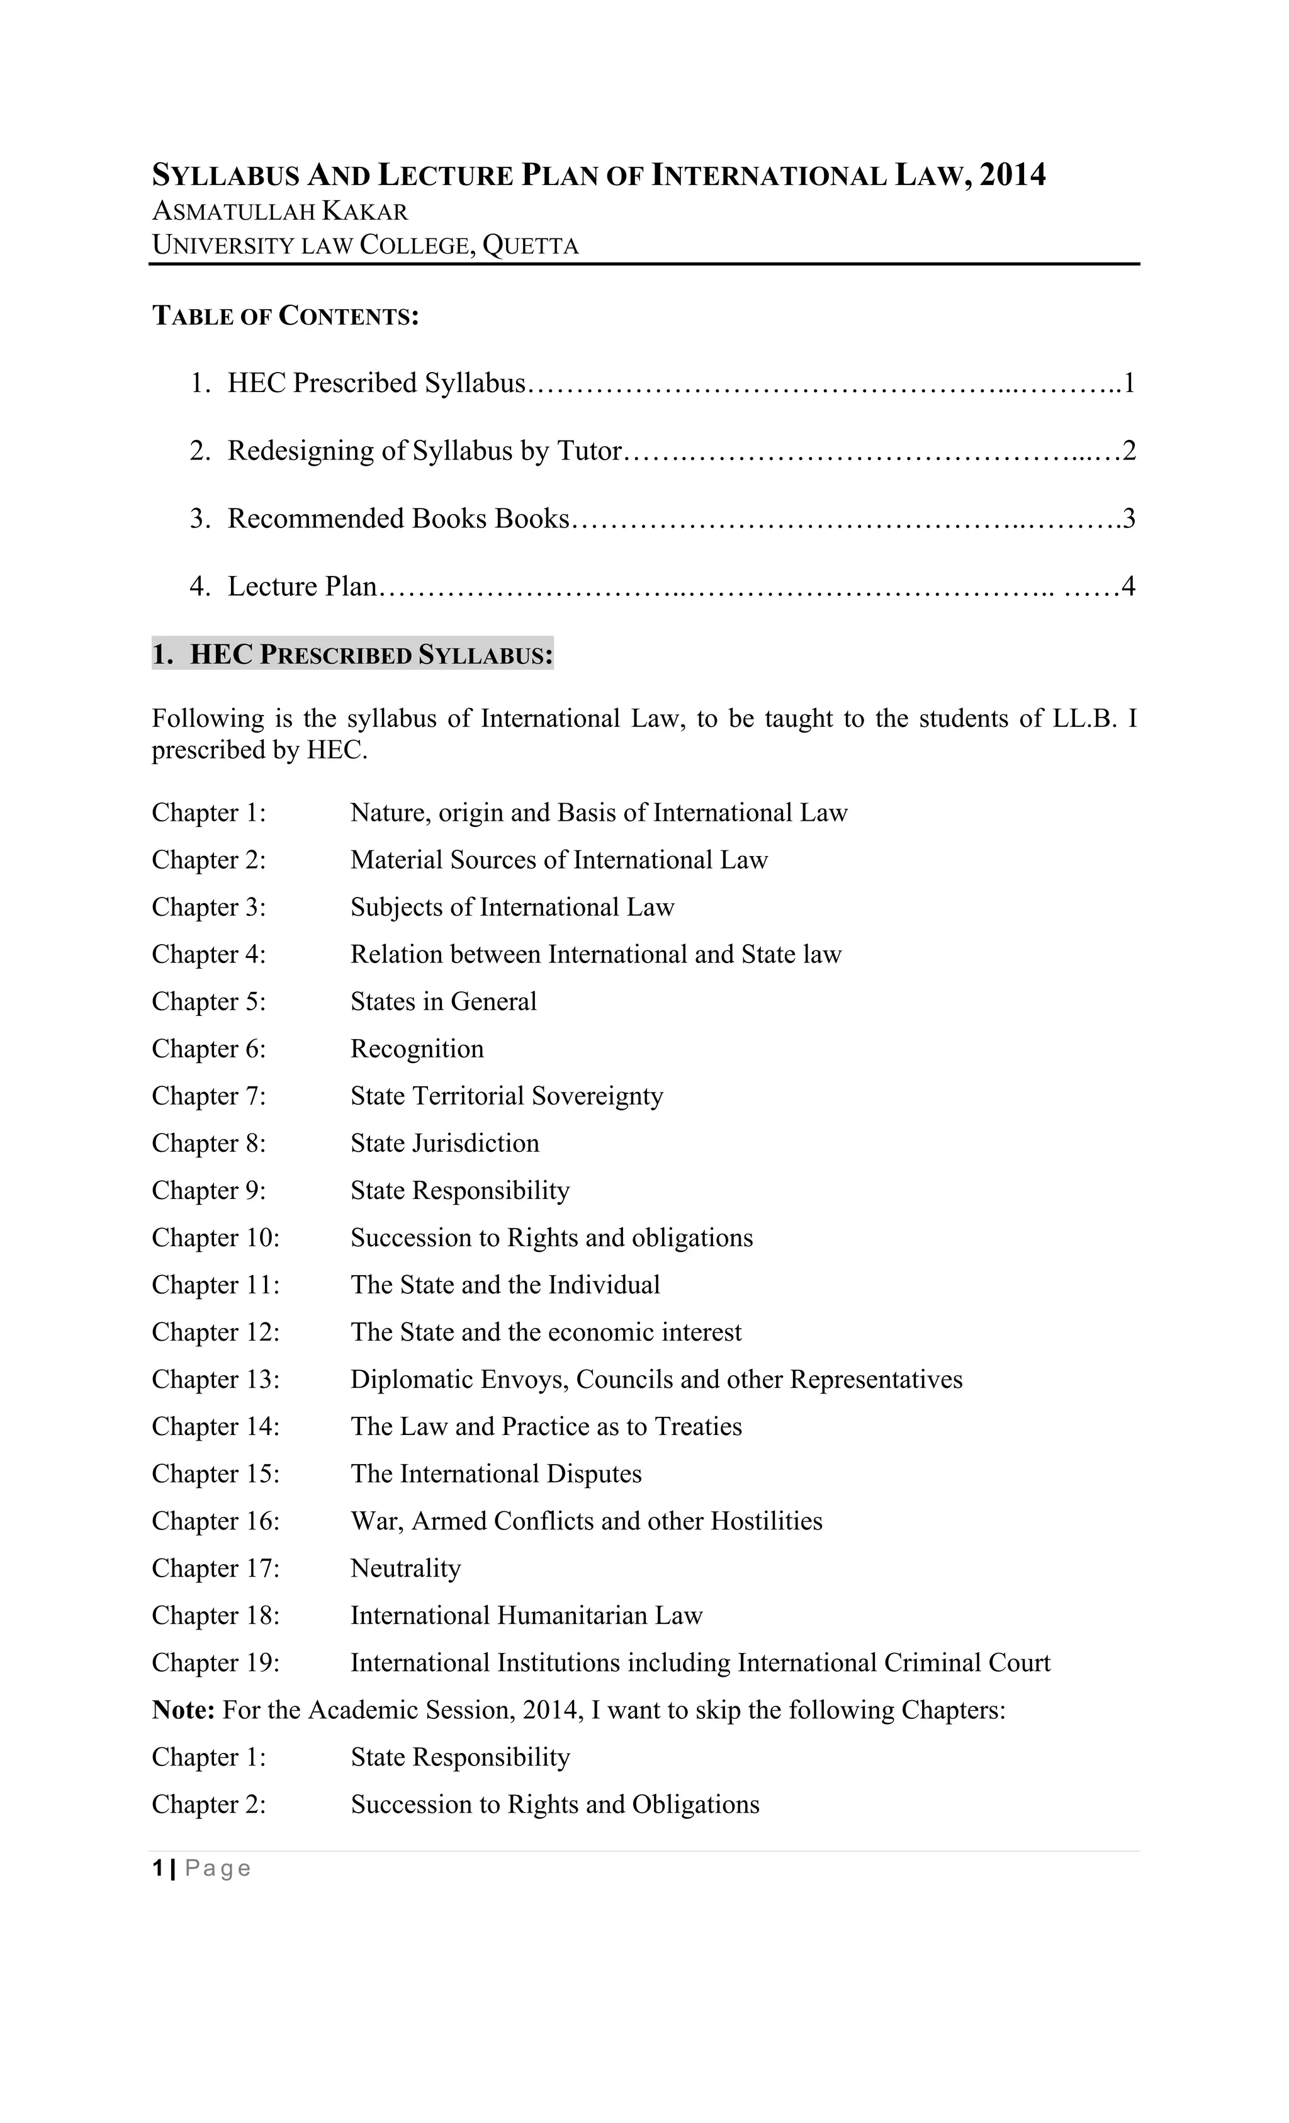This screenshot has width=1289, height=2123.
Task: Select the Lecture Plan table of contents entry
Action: (301, 587)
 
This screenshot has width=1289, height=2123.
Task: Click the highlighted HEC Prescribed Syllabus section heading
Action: (352, 655)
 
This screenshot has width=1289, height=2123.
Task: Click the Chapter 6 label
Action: (208, 1049)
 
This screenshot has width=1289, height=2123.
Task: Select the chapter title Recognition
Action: (417, 1049)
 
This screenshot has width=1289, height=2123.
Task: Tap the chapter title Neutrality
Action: (405, 1568)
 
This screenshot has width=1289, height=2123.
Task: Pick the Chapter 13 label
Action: (215, 1380)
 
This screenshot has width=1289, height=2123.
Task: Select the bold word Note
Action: (183, 1710)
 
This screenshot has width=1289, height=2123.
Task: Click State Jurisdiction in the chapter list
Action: (444, 1144)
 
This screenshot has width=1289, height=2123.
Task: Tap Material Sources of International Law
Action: (558, 860)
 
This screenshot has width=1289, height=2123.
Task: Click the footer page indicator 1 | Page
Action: (201, 1868)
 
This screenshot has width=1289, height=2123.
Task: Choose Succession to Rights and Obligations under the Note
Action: (555, 1805)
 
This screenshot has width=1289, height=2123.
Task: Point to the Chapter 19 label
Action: (215, 1663)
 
